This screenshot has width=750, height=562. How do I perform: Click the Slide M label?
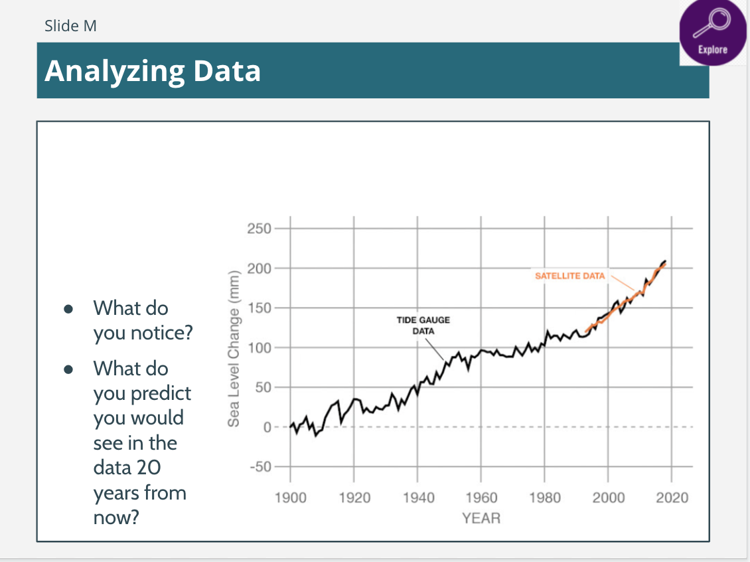point(70,26)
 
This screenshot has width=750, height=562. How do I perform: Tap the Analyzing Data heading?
point(153,70)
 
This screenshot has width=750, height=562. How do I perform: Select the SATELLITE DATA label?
point(570,276)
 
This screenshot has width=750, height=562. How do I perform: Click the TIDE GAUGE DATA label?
point(423,325)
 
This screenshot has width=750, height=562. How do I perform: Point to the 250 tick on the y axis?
point(258,229)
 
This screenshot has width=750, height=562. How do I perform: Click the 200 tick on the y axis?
point(258,268)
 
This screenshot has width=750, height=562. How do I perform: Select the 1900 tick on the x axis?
point(290,498)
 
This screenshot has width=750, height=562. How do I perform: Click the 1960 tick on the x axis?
point(481,498)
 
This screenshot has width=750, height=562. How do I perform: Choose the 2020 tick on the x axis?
point(672,498)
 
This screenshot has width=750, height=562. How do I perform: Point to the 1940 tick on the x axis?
point(417,498)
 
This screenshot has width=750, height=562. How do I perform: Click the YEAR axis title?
point(481,517)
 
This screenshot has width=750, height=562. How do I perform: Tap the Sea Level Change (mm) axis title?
point(233,349)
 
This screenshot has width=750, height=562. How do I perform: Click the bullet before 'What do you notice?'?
point(68,310)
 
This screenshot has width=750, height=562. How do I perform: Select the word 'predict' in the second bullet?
point(161,393)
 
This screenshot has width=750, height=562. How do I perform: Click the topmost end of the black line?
point(664,261)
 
